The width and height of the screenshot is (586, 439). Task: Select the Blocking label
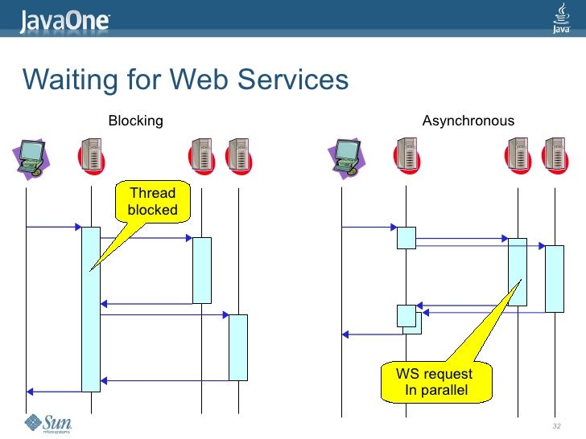coord(135,121)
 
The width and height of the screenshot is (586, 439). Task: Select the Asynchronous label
coord(468,121)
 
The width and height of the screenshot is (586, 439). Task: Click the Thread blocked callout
coord(153,202)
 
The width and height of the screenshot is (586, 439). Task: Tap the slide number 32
coord(555,425)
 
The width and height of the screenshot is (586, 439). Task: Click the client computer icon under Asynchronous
coord(348,157)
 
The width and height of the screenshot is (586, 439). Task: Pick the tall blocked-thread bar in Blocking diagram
coord(91,309)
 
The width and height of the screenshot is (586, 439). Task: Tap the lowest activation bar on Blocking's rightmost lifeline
coord(238,347)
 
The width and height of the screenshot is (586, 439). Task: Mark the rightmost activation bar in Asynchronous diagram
coord(555,278)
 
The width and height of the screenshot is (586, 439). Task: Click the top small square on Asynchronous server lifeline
coord(406,237)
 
